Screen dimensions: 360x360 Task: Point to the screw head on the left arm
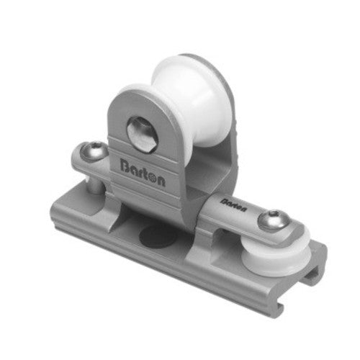coord(94,153)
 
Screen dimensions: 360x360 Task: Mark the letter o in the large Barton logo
coord(154,180)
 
